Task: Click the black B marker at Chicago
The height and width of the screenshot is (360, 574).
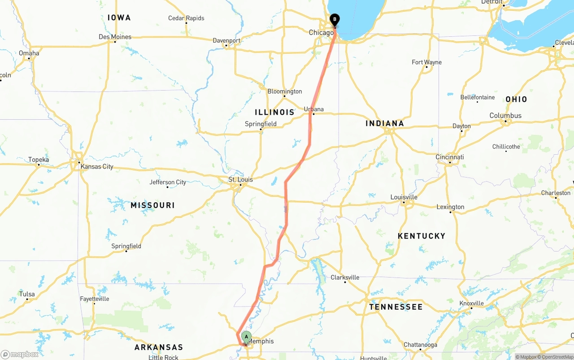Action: pyautogui.click(x=335, y=20)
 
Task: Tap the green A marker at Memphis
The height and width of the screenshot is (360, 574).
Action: pyautogui.click(x=246, y=337)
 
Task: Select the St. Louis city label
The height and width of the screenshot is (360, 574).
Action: pyautogui.click(x=240, y=179)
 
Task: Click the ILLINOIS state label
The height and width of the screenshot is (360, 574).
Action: pyautogui.click(x=274, y=112)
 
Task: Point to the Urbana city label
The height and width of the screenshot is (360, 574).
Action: pyautogui.click(x=313, y=109)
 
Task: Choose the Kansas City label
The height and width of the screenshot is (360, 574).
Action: pyautogui.click(x=97, y=166)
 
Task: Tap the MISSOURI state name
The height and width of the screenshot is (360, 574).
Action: pyautogui.click(x=152, y=205)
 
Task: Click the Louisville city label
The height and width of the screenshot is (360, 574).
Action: pyautogui.click(x=404, y=197)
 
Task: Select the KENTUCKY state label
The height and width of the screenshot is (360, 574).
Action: pyautogui.click(x=422, y=236)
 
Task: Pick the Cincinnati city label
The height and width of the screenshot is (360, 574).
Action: pyautogui.click(x=450, y=157)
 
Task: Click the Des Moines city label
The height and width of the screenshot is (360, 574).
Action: pyautogui.click(x=115, y=37)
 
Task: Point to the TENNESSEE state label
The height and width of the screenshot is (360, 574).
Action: pyautogui.click(x=396, y=307)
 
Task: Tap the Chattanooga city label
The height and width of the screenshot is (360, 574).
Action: pyautogui.click(x=420, y=344)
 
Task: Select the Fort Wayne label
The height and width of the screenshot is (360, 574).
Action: pyautogui.click(x=426, y=62)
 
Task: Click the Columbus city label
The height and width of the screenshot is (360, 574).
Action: pyautogui.click(x=505, y=115)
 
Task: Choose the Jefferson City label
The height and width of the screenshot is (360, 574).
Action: pyautogui.click(x=168, y=182)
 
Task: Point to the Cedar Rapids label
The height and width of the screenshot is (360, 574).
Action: pyautogui.click(x=186, y=18)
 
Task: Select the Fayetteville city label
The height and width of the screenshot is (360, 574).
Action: pyautogui.click(x=94, y=299)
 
